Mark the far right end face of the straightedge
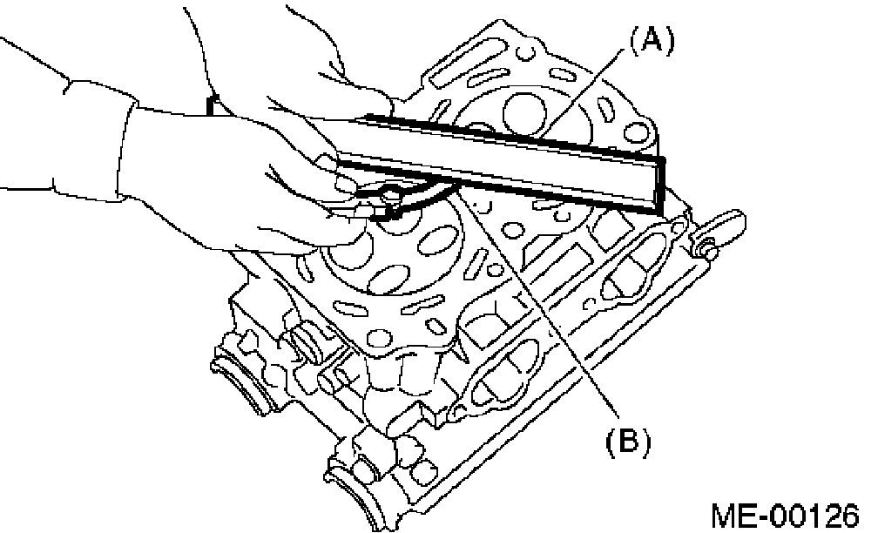(658, 185)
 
